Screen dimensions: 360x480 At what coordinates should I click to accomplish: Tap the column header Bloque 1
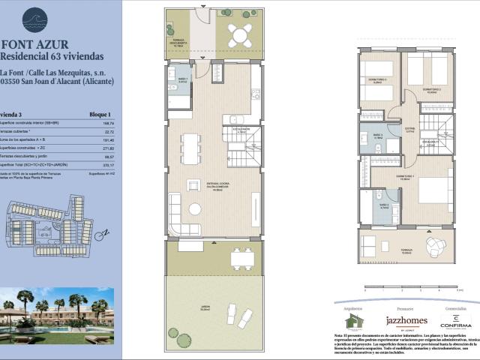pyautogui.click(x=99, y=114)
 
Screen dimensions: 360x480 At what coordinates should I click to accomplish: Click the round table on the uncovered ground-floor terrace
pyautogui.click(x=241, y=34)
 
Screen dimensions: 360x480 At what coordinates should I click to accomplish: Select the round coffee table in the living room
pyautogui.click(x=195, y=209)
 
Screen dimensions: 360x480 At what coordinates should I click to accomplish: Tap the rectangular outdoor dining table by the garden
pyautogui.click(x=241, y=258)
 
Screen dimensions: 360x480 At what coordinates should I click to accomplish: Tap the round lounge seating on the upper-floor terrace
pyautogui.click(x=436, y=244)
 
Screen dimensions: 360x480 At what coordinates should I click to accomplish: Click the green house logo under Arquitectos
pyautogui.click(x=354, y=321)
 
